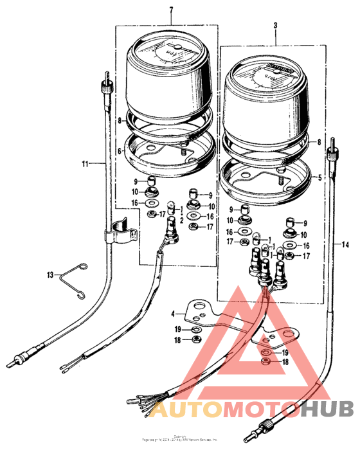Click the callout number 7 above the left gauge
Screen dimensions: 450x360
pyautogui.click(x=171, y=11)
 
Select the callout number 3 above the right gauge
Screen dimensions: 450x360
pyautogui.click(x=275, y=26)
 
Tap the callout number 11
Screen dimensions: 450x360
pyautogui.click(x=85, y=165)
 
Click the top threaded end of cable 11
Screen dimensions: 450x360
pyautogui.click(x=107, y=80)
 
